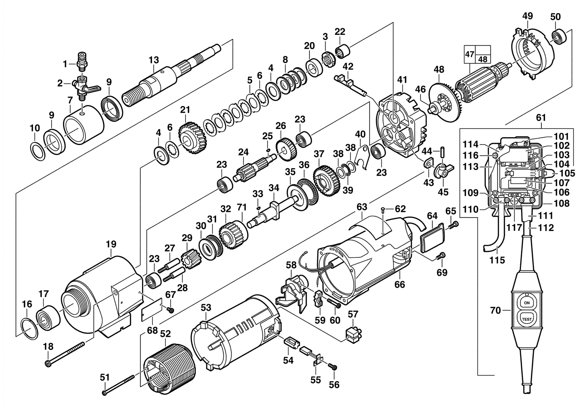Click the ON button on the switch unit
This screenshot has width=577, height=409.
click(x=526, y=303)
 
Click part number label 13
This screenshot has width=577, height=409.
click(x=154, y=60)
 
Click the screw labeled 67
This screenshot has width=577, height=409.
click(x=170, y=310)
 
